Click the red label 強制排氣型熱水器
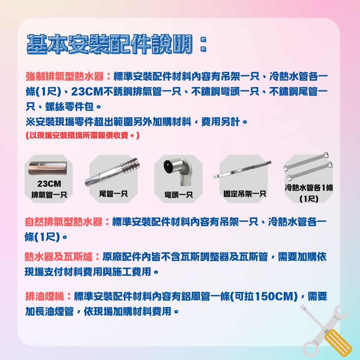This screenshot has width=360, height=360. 65,77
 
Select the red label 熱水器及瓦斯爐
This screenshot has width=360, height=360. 59,257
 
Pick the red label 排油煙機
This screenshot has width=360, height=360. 45,297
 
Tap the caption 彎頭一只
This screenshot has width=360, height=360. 179,195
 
